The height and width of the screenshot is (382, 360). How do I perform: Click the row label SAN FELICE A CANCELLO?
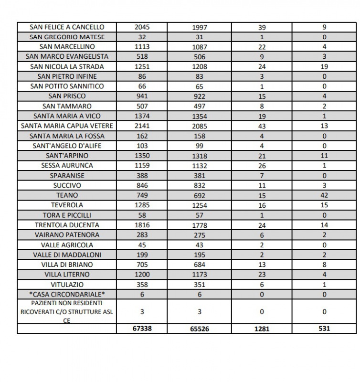coord(67,27)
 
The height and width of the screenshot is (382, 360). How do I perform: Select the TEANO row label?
coord(67,195)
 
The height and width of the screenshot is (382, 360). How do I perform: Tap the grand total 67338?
coord(142,329)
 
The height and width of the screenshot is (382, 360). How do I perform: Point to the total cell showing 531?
coord(324,329)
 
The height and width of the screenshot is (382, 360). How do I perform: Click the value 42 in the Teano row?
coord(324,195)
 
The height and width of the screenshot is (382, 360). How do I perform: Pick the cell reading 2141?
coord(142,126)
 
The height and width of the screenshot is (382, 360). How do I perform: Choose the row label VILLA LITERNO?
coord(67,275)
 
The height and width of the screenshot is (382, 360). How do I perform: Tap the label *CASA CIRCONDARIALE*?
coord(67,295)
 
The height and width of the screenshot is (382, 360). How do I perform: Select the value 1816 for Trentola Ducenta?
coord(142,225)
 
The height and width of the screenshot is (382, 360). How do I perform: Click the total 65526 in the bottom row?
coord(199,329)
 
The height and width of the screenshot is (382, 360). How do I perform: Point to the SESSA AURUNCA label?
coord(67,166)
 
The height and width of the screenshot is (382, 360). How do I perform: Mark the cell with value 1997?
coord(199,27)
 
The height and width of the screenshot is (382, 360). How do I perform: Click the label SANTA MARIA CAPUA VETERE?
coord(67,126)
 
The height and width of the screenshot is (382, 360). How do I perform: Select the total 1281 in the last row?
coord(262,329)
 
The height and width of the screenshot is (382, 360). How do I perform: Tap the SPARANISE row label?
coord(67,176)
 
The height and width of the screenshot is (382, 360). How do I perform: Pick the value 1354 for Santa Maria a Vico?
coord(199,116)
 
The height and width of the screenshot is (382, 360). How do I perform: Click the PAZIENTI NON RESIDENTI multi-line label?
coord(67,312)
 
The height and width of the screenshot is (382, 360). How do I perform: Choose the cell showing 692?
coord(199,195)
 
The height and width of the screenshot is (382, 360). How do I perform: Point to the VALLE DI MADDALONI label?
coord(67,255)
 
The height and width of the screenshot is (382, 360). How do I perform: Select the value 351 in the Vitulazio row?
coord(199,285)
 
